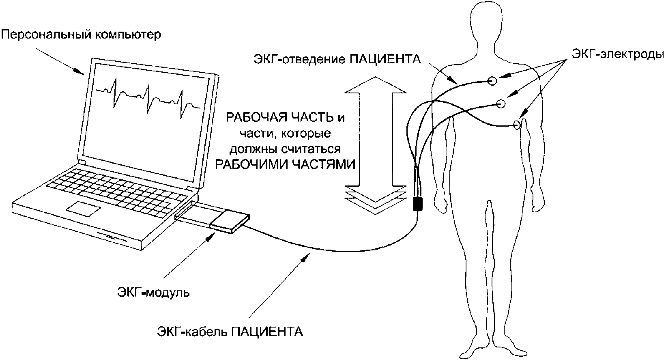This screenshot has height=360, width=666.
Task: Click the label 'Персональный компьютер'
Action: pyautogui.click(x=81, y=34)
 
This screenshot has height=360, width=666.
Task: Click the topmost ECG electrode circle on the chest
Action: pyautogui.click(x=492, y=81)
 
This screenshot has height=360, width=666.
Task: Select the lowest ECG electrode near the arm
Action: pyautogui.click(x=517, y=125)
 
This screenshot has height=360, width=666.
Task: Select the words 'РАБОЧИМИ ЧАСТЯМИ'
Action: pyautogui.click(x=285, y=164)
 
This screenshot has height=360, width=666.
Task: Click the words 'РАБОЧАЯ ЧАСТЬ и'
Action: pyautogui.click(x=285, y=118)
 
